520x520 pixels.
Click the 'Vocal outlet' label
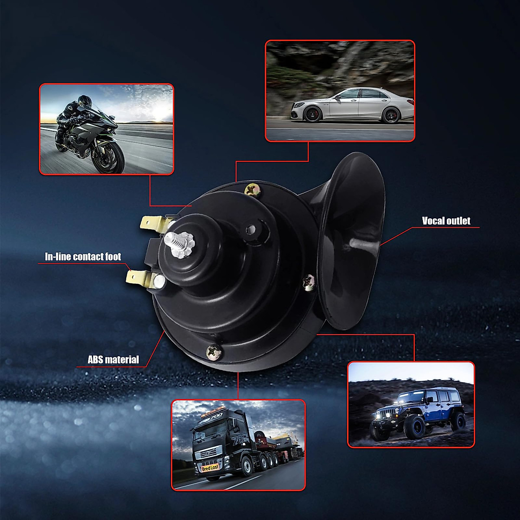[x=446, y=221]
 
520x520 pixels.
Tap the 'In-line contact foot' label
[x=83, y=257]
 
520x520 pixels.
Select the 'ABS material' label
[x=113, y=359]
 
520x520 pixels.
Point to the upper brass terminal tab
[x=155, y=224]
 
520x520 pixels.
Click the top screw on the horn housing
[x=252, y=190]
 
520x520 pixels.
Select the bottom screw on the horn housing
[x=214, y=352]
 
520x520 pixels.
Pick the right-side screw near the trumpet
[x=309, y=282]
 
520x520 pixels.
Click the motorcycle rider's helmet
[x=84, y=101]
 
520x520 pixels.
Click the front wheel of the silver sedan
[x=312, y=114]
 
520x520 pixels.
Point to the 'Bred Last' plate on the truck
[x=210, y=468]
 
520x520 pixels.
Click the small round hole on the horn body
[x=251, y=229]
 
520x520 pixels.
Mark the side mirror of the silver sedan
[x=337, y=97]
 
